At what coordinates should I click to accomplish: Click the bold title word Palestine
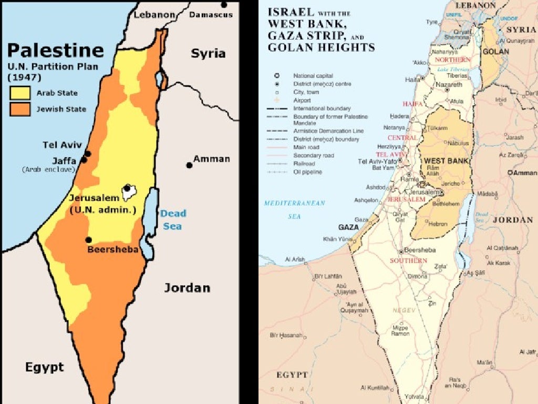[55, 50]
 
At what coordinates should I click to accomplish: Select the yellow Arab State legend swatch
[19, 93]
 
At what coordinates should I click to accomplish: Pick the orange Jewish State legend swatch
[19, 109]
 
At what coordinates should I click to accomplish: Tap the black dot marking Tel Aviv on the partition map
[87, 154]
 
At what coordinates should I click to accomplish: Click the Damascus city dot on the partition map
[224, 5]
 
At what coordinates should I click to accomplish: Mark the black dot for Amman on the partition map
[189, 165]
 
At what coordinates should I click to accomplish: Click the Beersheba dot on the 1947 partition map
[89, 240]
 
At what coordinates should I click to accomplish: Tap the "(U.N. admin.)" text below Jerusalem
[103, 209]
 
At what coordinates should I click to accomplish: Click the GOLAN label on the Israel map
[495, 52]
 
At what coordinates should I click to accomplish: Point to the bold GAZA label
[347, 227]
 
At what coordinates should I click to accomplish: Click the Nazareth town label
[449, 85]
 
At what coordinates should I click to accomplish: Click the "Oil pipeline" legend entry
[308, 172]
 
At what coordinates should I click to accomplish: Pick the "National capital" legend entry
[313, 76]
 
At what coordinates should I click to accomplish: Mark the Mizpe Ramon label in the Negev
[400, 330]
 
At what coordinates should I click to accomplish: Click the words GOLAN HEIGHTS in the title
[321, 47]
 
